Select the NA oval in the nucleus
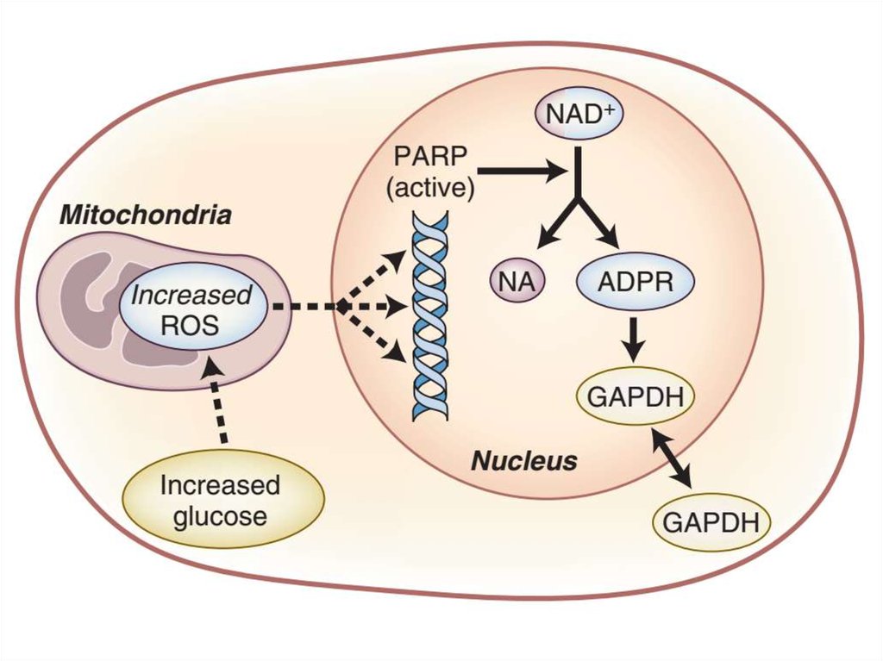tap(517, 282)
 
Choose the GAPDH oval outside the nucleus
tap(711, 521)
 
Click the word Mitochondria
tap(145, 215)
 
